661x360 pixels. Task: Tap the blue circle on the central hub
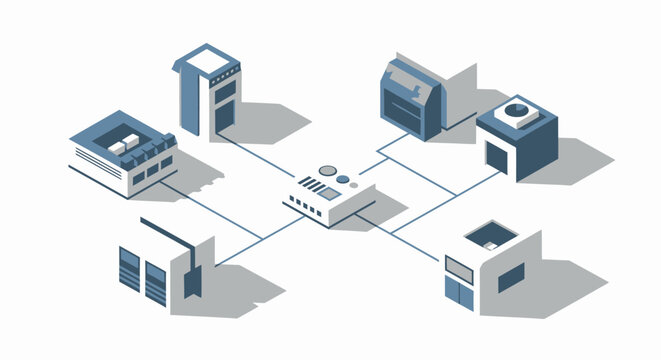344,181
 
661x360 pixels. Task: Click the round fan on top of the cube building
517,110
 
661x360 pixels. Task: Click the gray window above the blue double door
458,265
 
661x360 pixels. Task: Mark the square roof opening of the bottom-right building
490,236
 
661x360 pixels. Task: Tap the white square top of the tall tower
208,61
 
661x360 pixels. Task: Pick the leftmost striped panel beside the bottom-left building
130,268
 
